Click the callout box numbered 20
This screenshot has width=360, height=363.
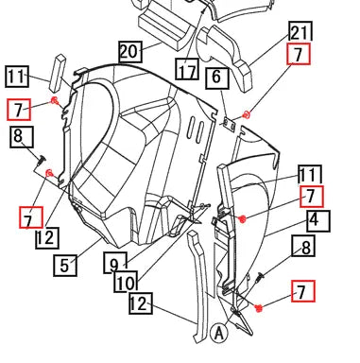click(130, 51)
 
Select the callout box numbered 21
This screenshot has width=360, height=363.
click(300, 32)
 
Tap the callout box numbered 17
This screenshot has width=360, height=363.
click(187, 69)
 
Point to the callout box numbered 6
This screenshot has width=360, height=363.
click(217, 78)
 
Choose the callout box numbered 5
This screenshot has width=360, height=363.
click(65, 266)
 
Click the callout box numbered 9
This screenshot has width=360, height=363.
click(115, 263)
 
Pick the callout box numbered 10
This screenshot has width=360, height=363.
click(126, 281)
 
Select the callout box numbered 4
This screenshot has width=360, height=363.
click(318, 221)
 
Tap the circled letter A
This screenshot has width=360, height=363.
click(218, 333)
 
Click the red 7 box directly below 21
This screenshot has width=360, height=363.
click(299, 54)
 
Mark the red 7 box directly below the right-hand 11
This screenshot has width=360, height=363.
click(312, 197)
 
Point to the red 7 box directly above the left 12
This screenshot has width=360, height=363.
click(31, 217)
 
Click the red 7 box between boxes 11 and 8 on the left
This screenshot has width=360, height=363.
click(19, 110)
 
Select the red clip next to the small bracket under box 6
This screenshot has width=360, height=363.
click(247, 115)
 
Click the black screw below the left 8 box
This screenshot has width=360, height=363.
click(41, 160)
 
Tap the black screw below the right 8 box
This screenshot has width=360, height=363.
click(261, 277)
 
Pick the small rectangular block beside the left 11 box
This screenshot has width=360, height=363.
click(58, 73)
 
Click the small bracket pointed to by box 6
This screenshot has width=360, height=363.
click(230, 125)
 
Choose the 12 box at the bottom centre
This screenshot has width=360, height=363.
click(141, 303)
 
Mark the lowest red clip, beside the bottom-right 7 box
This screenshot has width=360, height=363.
click(259, 308)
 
